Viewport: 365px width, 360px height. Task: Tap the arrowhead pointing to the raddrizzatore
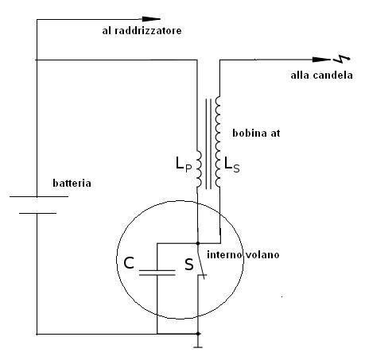point(151,19)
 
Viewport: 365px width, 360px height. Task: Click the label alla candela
point(321,75)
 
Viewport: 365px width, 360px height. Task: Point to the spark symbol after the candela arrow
point(342,60)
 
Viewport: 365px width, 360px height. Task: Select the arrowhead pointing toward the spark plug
point(321,60)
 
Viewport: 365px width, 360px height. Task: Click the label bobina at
point(256,133)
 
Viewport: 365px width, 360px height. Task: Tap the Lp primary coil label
point(184,164)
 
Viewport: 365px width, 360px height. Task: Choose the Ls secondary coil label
point(232,164)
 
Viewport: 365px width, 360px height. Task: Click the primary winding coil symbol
point(199,169)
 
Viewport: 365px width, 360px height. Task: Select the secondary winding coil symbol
point(218,141)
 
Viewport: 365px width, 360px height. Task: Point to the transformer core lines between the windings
point(208,144)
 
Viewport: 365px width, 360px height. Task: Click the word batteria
point(72,183)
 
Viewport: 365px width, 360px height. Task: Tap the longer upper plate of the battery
point(39,196)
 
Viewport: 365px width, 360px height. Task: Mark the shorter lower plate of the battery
point(37,213)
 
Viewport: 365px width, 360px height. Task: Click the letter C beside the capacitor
point(129,263)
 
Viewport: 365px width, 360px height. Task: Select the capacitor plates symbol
point(157,273)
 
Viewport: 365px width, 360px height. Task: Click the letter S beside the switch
point(189,265)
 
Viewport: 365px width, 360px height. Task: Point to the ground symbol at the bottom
point(198,344)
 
